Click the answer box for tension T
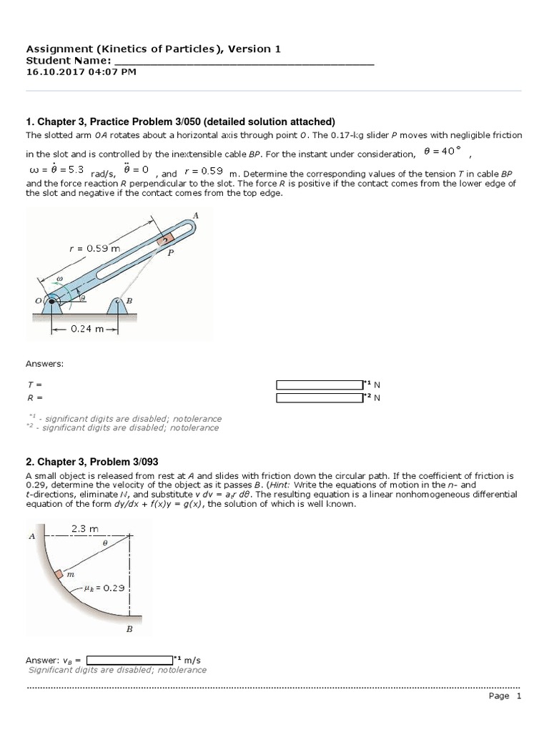tap(320, 385)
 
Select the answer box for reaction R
tap(320, 397)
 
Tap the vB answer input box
tap(129, 659)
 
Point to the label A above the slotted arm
tap(196, 215)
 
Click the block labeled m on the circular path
tap(60, 574)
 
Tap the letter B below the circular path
tap(129, 629)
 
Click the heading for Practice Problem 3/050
tap(180, 122)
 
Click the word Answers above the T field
tap(45, 364)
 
